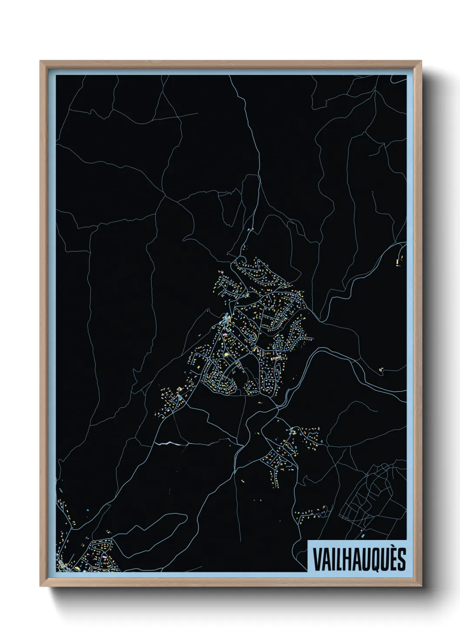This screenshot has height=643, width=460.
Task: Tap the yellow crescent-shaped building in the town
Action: click(x=256, y=350)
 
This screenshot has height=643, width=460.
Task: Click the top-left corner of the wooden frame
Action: click(x=40, y=61)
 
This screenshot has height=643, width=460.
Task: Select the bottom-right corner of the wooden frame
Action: click(x=422, y=586)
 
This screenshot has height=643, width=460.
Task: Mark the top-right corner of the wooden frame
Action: click(x=422, y=61)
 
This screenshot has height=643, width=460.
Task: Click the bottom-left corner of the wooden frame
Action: click(x=40, y=586)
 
